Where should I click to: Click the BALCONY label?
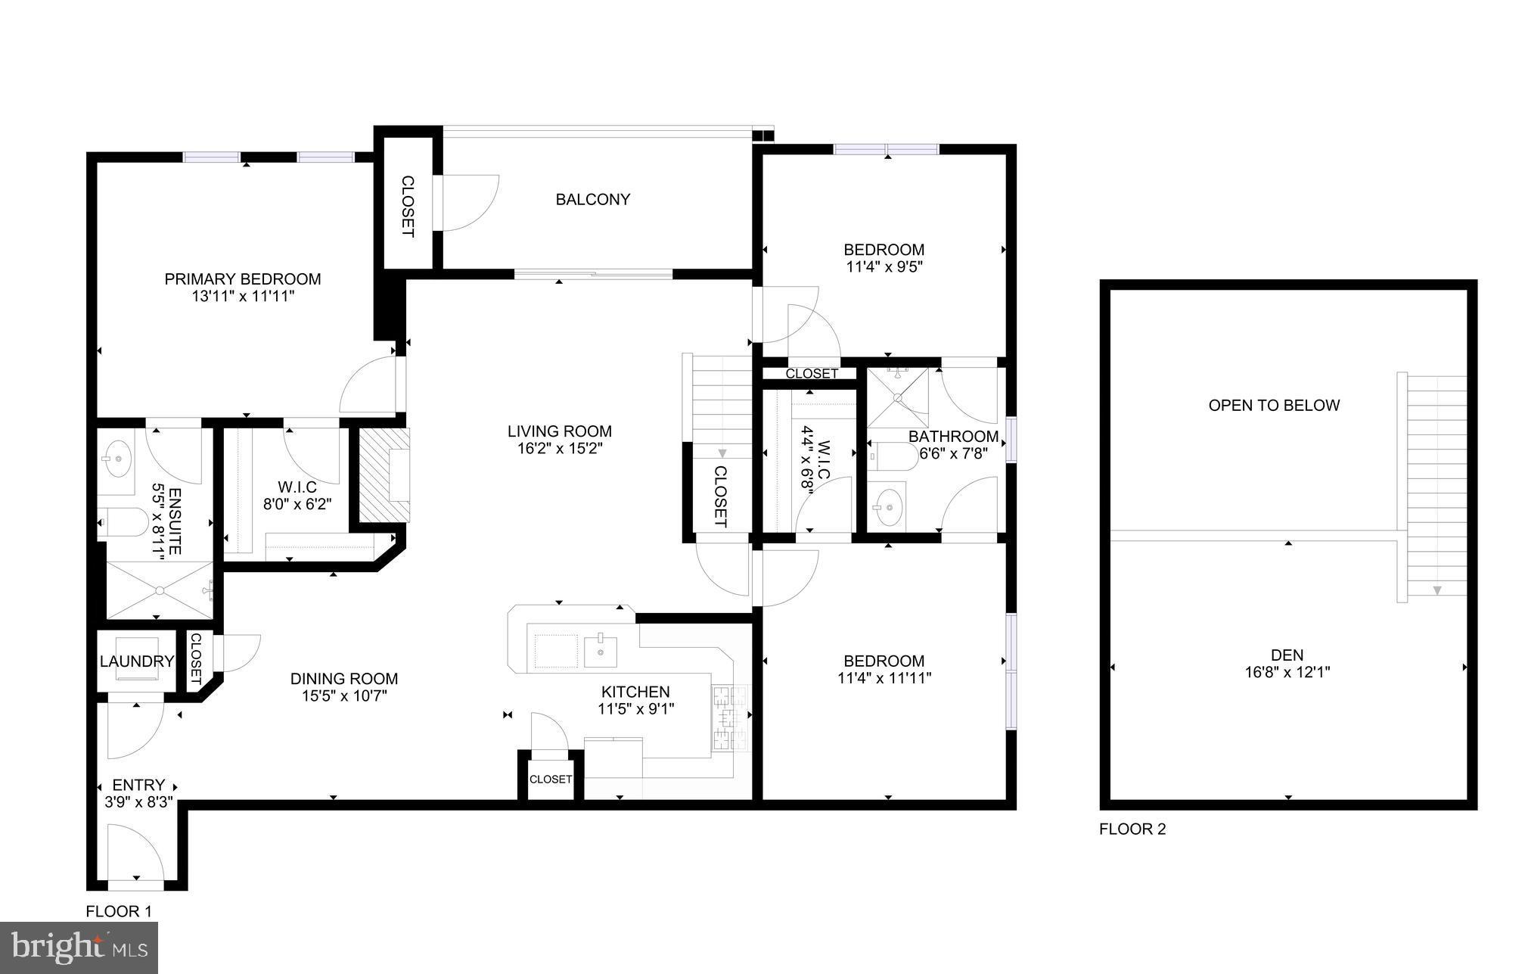[592, 199]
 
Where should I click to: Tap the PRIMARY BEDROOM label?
[242, 279]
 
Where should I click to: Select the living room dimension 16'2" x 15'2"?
[559, 448]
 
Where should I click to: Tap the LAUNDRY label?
[137, 661]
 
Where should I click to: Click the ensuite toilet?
[124, 521]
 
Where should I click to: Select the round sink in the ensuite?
[118, 459]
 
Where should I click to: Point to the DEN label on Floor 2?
[1287, 655]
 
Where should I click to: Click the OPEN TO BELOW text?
[1274, 405]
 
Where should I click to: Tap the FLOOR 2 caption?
[1132, 829]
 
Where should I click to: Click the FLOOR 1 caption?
[119, 911]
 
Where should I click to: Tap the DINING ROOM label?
[344, 679]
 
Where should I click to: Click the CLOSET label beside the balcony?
[407, 207]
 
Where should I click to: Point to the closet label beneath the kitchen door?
[551, 779]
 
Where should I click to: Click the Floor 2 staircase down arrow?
[1437, 590]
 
